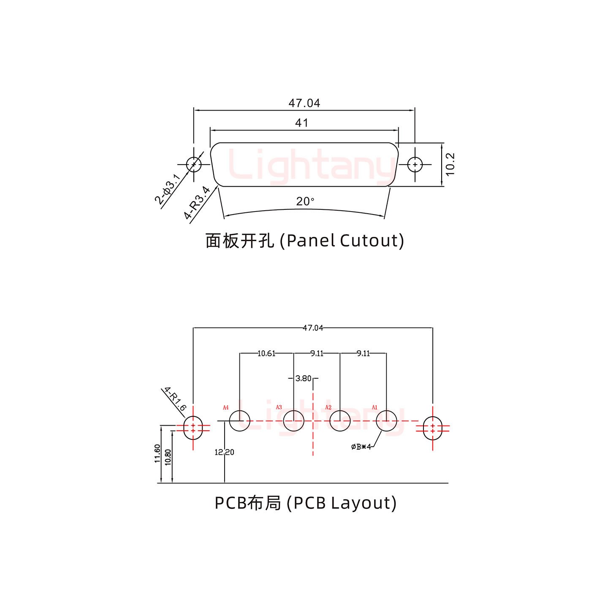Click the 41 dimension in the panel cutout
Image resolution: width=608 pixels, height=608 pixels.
coord(302,123)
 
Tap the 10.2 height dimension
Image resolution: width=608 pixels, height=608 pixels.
coord(450,164)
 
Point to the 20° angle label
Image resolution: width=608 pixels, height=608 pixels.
coord(305,201)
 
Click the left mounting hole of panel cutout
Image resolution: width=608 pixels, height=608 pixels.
coord(193,164)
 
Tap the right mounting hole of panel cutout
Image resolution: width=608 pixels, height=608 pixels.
coord(415,164)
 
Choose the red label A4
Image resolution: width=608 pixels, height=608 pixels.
coord(226,407)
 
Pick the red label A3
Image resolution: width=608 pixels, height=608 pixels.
coord(279,407)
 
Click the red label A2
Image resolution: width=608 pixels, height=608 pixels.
coord(328,407)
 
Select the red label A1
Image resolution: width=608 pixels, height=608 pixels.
coord(374,407)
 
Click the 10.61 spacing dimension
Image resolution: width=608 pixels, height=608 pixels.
coord(266,353)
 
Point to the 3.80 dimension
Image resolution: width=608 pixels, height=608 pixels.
coord(304,379)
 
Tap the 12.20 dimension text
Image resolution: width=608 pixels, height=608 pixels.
coord(224,452)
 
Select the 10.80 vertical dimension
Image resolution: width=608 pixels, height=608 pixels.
coord(168,457)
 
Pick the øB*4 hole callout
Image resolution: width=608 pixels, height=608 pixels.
coord(361,447)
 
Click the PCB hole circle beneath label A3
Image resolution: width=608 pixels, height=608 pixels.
coord(293,421)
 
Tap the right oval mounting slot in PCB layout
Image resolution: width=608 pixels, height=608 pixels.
coord(432,428)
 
